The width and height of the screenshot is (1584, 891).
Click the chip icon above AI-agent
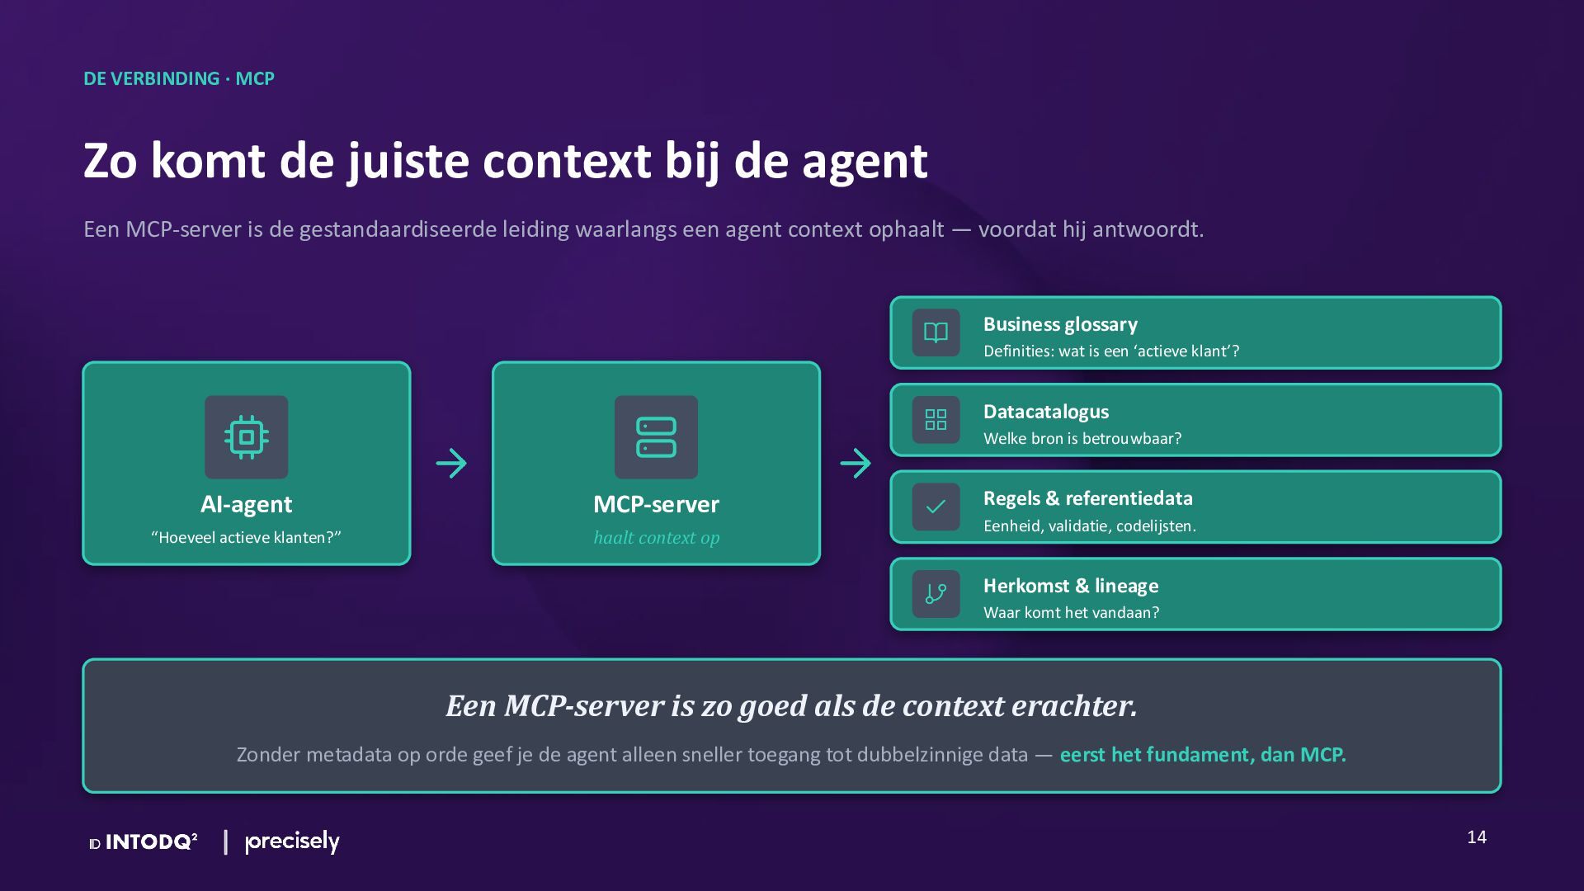[247, 437]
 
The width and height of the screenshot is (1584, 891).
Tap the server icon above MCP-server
[656, 437]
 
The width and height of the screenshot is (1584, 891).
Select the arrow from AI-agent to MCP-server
[451, 463]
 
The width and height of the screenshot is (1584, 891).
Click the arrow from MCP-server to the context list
[856, 463]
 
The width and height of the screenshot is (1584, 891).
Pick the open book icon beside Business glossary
[936, 332]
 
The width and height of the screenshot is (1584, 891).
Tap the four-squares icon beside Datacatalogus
[936, 420]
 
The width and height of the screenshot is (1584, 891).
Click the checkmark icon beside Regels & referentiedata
[936, 507]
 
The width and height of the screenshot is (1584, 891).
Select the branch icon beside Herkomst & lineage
[936, 594]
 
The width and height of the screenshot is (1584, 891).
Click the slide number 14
[1477, 837]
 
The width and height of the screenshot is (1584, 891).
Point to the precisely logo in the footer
[292, 841]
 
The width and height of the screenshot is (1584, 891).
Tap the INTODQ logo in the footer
[144, 841]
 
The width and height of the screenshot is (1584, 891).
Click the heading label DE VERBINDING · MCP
[179, 78]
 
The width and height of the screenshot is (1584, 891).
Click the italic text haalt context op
[657, 538]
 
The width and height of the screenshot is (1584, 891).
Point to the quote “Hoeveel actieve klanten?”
[246, 537]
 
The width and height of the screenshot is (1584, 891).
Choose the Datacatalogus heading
[1046, 412]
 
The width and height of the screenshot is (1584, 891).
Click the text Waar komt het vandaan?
[1072, 612]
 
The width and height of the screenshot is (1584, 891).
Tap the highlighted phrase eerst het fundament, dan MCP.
[1203, 755]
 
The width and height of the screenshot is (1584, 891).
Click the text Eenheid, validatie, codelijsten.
[1090, 526]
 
